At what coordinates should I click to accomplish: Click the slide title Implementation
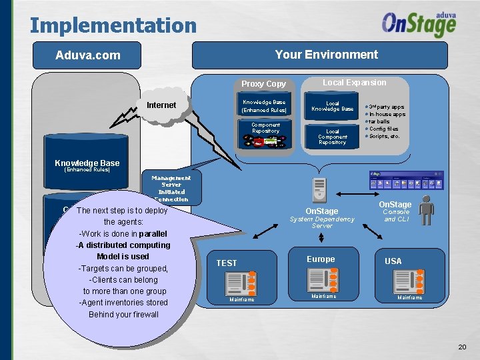113,25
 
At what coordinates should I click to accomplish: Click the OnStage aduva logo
419,25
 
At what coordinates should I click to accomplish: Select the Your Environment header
326,55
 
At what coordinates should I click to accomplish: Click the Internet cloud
161,105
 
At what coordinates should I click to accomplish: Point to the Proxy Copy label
263,84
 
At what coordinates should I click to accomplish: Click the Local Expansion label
354,83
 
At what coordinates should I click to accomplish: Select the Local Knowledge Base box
332,106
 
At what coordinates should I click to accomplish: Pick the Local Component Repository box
332,136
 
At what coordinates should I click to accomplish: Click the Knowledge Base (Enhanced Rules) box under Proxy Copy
264,106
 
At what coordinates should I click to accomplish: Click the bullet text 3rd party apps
387,107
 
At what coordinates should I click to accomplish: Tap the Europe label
321,259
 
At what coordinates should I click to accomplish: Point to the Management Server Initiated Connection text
171,189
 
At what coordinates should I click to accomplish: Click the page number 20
462,347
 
